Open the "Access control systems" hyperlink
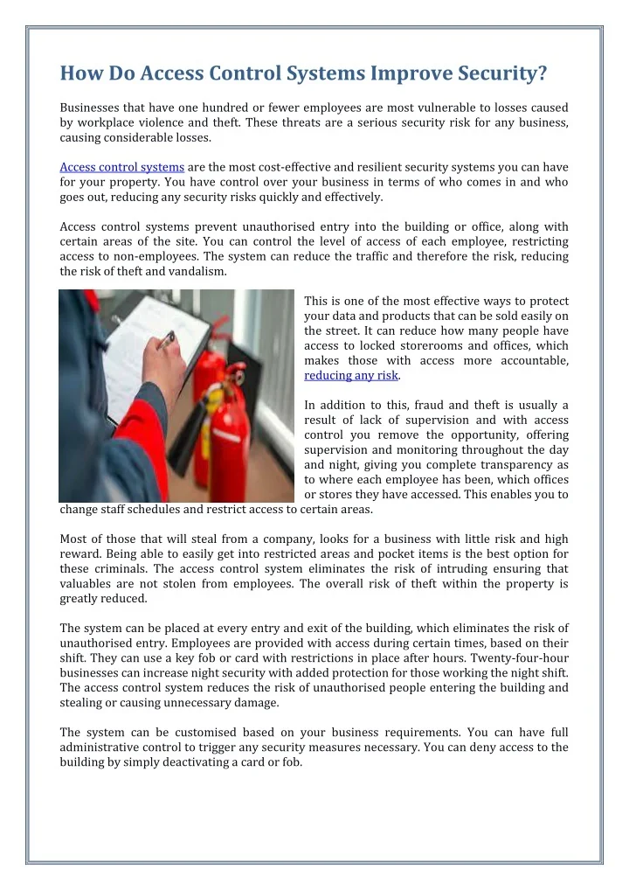coord(121,166)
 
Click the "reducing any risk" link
coord(351,375)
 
